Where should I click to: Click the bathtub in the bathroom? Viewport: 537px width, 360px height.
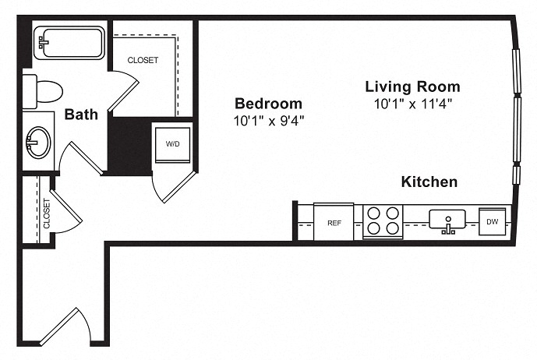point(69,43)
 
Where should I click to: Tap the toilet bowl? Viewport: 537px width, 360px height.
point(49,92)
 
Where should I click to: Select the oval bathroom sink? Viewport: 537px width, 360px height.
point(39,142)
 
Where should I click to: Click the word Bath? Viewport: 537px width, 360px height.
point(81,114)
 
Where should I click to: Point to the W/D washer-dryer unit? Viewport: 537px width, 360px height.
point(172,145)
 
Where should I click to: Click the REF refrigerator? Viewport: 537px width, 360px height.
point(334,222)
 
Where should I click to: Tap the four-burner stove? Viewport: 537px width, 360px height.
point(383,221)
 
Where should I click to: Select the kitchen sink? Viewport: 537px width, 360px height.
point(447,220)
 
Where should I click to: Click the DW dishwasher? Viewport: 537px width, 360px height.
point(492,221)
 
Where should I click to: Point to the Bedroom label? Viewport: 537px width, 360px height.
point(268,104)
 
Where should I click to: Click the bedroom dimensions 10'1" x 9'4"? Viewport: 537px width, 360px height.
point(269,121)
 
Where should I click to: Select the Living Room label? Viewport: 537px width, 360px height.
point(412,86)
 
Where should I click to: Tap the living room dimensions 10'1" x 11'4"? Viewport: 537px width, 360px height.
point(413,104)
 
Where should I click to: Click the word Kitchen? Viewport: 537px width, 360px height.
point(429,182)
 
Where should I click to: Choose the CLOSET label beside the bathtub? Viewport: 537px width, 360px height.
point(143,60)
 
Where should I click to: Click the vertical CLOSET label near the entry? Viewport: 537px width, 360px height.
point(47,214)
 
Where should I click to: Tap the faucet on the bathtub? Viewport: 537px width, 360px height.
point(43,43)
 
